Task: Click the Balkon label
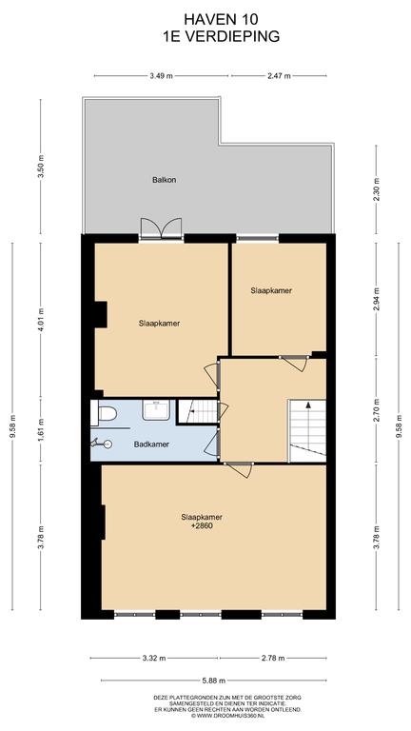tap(164, 180)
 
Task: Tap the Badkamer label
tap(151, 445)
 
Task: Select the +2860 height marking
tap(202, 525)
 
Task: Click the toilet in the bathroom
tap(104, 413)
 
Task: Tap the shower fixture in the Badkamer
tap(102, 444)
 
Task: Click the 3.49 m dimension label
tap(161, 76)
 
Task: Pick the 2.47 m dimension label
tap(279, 76)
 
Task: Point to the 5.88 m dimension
tap(213, 681)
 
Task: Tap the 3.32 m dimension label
tap(154, 659)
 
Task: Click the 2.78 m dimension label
tap(273, 659)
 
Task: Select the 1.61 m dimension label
tap(41, 431)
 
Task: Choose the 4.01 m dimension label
tap(41, 320)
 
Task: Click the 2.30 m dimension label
tap(377, 188)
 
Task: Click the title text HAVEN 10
tap(222, 19)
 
